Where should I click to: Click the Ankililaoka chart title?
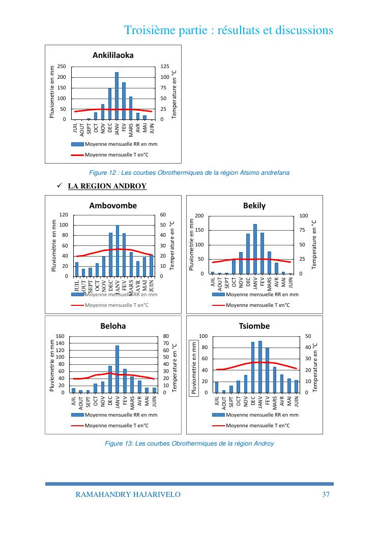pos(113,55)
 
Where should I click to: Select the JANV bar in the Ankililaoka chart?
pos(116,96)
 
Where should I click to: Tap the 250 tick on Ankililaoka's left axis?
pos(62,67)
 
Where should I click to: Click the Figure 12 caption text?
pos(189,173)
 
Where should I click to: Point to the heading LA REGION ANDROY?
pos(107,186)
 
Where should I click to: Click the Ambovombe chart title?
pos(113,206)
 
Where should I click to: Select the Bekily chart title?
pos(254,206)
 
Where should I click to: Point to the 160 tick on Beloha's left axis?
pos(61,336)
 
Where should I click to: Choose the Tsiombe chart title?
pos(254,326)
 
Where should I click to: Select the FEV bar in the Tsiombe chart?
pos(267,370)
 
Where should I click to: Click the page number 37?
pos(327,494)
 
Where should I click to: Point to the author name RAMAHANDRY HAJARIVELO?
pos(128,494)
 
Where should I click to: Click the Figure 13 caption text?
pos(189,444)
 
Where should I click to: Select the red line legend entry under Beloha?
pos(110,425)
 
